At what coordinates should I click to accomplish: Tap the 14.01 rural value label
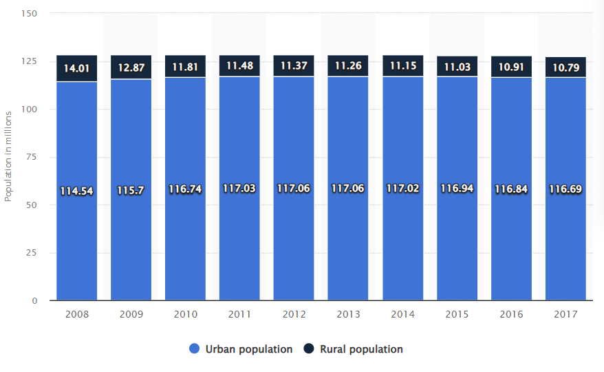pos(76,68)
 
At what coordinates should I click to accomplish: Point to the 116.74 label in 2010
pos(185,189)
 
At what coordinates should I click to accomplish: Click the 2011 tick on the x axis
pos(239,314)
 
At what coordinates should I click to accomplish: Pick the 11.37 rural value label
pos(294,66)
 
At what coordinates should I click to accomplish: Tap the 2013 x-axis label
pos(348,314)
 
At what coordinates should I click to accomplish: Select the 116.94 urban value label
pos(457,188)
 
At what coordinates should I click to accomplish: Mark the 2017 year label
pos(565,314)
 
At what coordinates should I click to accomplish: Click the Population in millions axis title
pos(8,158)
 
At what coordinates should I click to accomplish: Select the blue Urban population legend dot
pos(194,349)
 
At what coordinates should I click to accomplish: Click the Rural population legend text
pos(361,349)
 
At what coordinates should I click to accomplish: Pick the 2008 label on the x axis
pos(76,314)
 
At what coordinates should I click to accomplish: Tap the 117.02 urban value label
pos(402,188)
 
